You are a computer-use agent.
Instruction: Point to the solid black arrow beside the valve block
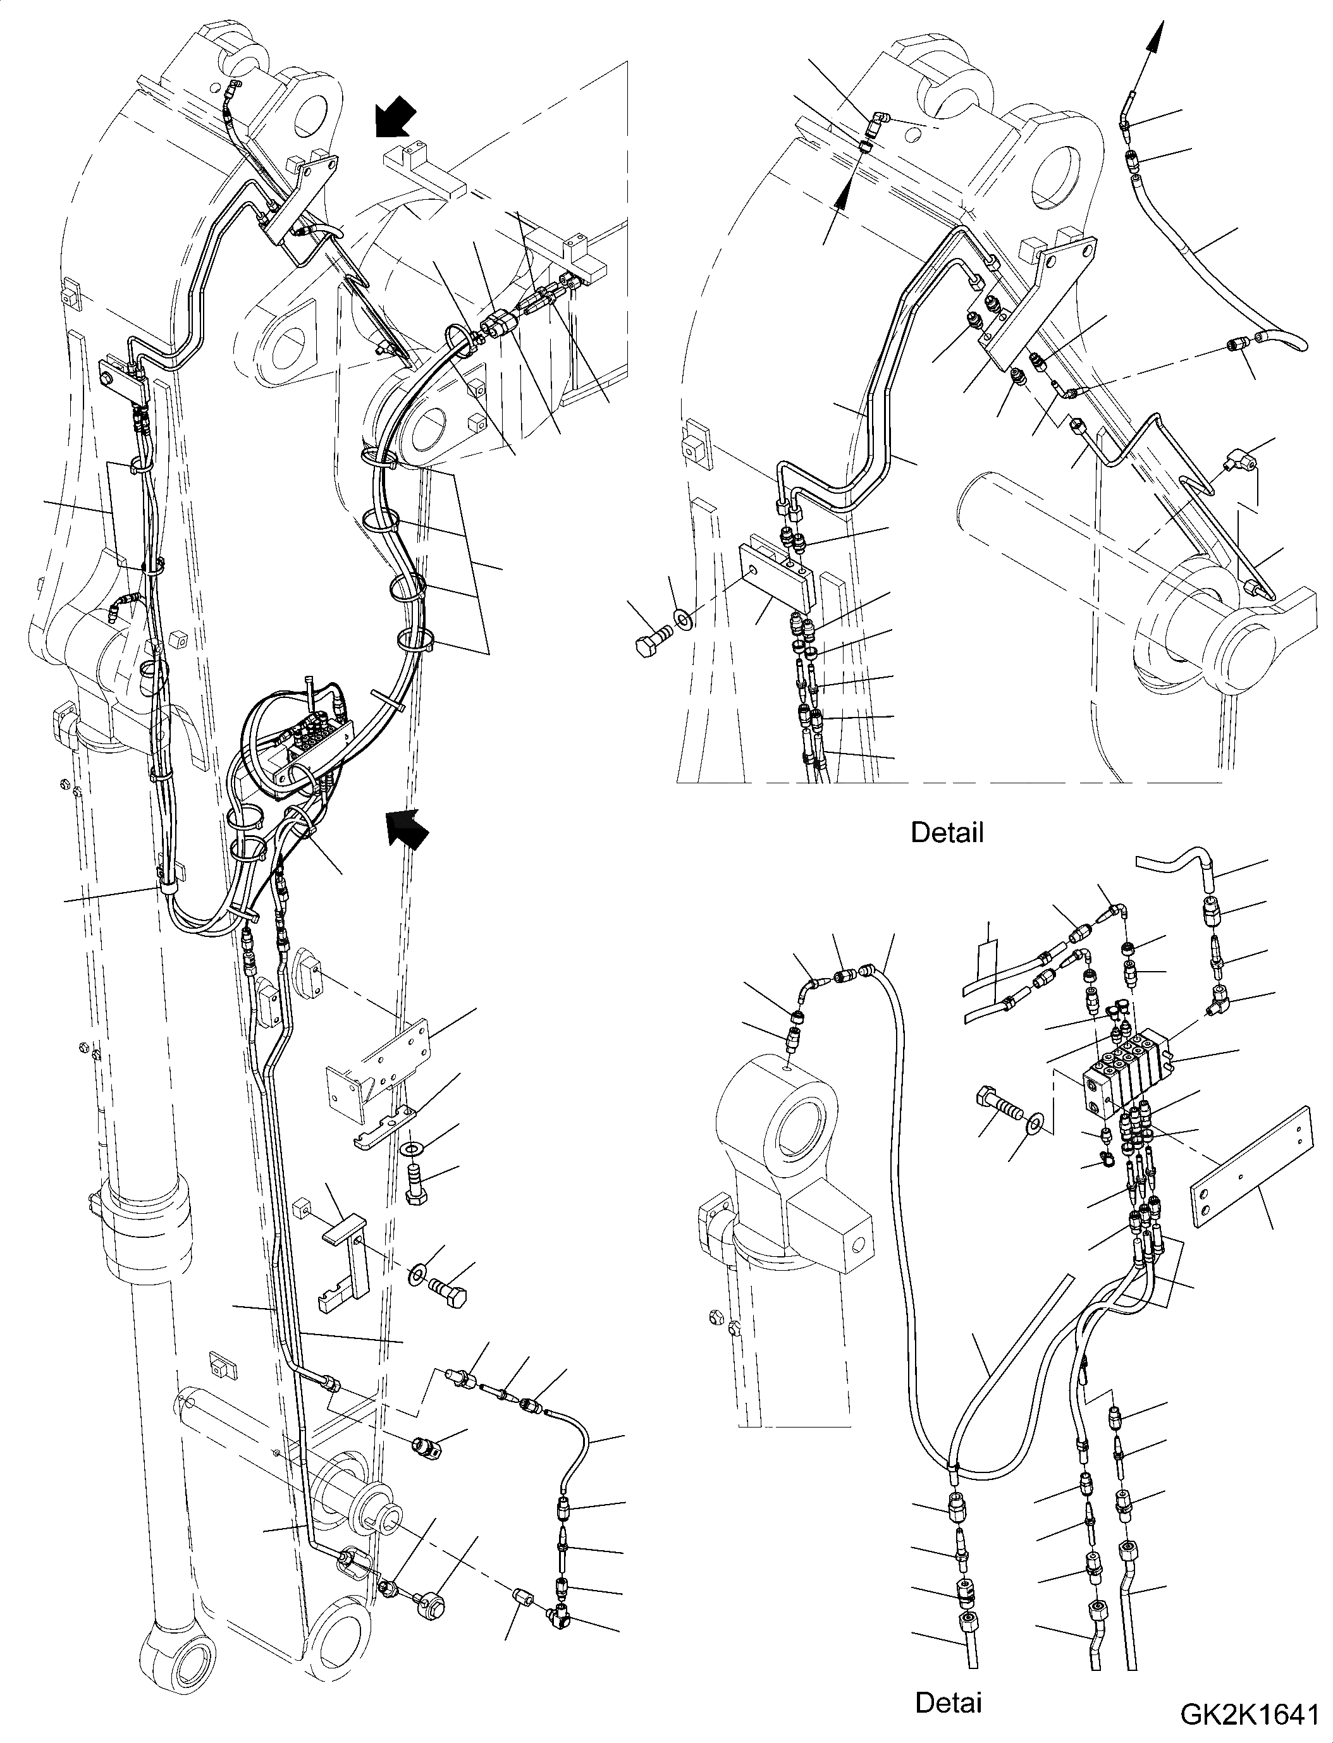407,827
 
